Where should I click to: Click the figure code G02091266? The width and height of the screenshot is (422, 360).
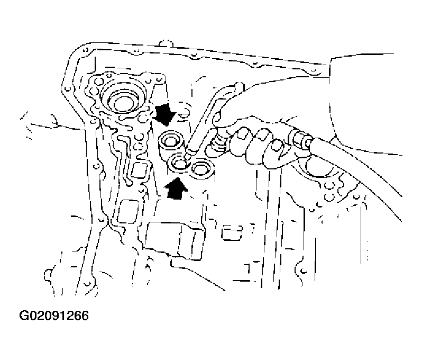[54, 316]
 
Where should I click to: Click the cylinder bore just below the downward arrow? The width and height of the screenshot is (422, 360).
[172, 141]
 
